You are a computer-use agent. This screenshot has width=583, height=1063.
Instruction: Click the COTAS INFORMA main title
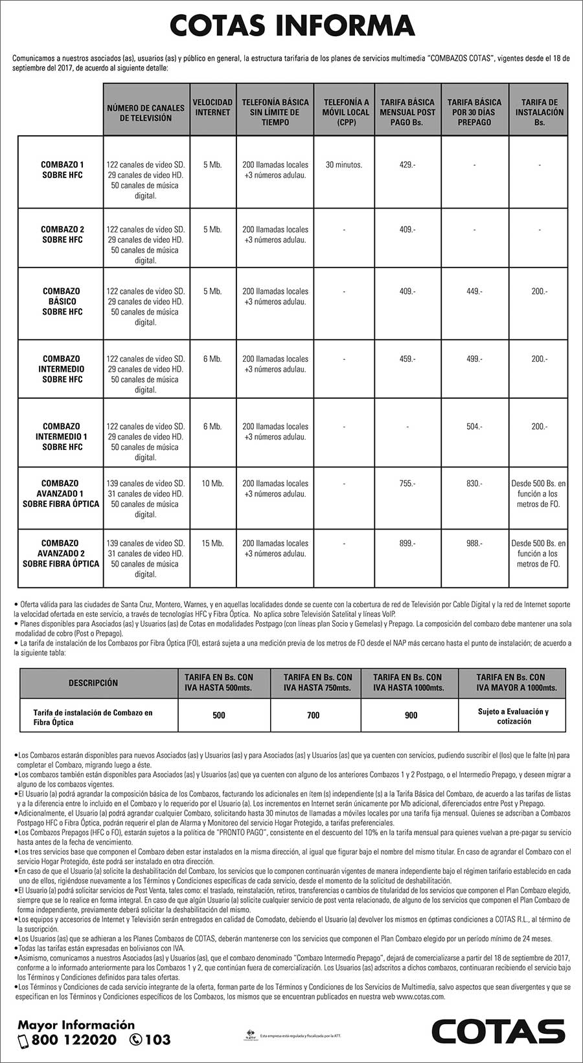(x=291, y=27)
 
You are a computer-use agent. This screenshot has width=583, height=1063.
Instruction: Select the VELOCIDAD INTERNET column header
(x=212, y=107)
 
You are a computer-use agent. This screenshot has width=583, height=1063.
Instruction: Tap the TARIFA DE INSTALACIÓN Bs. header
(x=539, y=112)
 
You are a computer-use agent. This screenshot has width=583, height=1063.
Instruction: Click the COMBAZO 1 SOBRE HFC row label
(x=62, y=170)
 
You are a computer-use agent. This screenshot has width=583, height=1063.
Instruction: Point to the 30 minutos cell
(x=344, y=165)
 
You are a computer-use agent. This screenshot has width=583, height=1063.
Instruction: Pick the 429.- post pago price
(x=407, y=165)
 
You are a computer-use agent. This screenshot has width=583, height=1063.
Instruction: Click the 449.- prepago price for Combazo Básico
(x=474, y=291)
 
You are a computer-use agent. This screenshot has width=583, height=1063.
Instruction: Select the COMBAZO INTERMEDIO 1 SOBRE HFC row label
(x=62, y=436)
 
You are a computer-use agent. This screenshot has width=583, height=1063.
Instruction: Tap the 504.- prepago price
(x=474, y=427)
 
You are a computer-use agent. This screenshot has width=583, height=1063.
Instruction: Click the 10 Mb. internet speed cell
(x=212, y=484)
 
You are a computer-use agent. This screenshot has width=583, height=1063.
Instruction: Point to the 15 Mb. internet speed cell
(x=212, y=543)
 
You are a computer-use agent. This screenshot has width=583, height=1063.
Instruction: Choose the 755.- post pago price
(x=407, y=484)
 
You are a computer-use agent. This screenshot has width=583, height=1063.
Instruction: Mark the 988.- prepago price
(x=474, y=543)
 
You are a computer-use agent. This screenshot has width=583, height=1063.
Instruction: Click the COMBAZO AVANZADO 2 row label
(x=61, y=554)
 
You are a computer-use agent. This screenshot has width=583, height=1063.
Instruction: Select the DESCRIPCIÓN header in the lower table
(x=93, y=683)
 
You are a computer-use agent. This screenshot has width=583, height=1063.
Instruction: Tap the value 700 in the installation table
(x=314, y=715)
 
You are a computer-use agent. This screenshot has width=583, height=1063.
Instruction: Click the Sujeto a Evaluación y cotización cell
(x=513, y=716)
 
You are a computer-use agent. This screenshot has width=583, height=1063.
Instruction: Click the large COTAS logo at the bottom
(x=499, y=1031)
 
